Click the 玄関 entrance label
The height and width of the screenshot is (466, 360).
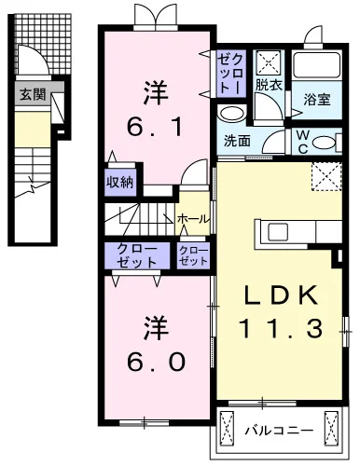coord(33,94)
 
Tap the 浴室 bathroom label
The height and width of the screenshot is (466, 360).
coord(317,100)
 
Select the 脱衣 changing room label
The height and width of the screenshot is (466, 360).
coord(269,85)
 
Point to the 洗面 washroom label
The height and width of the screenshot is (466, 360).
coord(237,142)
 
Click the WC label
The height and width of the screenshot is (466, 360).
coord(303,143)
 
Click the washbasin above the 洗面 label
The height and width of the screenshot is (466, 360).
coord(232,113)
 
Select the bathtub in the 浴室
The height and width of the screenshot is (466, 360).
coord(317,65)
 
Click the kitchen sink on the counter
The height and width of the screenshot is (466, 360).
coord(278,232)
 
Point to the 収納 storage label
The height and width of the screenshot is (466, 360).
coord(120,183)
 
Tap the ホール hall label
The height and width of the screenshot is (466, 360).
coord(193,219)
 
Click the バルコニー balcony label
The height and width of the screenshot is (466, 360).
coord(279,431)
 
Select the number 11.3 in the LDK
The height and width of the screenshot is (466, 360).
coord(281,329)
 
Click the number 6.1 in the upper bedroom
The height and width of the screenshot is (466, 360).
coord(155,127)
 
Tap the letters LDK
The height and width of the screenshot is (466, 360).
coord(281,295)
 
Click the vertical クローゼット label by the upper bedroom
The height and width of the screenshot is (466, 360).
coord(231,73)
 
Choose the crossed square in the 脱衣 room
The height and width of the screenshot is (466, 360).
coord(270,63)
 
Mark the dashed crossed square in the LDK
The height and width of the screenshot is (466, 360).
coord(326,176)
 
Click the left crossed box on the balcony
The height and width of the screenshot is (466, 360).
coord(227,429)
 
